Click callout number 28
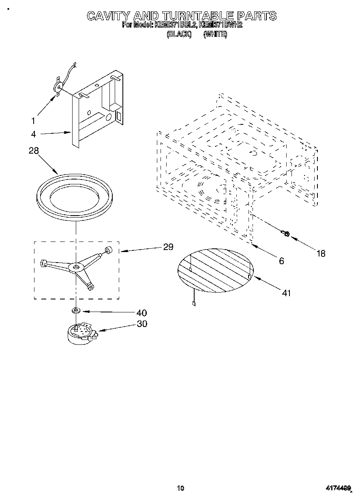[34, 150]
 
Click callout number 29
[168, 247]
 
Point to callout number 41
[286, 293]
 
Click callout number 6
[281, 261]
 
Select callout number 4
[33, 134]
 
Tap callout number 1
[33, 120]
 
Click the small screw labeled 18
[285, 233]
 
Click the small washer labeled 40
[76, 311]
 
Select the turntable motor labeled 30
[81, 335]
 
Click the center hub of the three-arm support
[76, 267]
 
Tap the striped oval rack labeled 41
[215, 270]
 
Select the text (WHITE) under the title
[215, 34]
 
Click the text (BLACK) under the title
[179, 34]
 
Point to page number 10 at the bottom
[180, 488]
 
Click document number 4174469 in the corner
[338, 488]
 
